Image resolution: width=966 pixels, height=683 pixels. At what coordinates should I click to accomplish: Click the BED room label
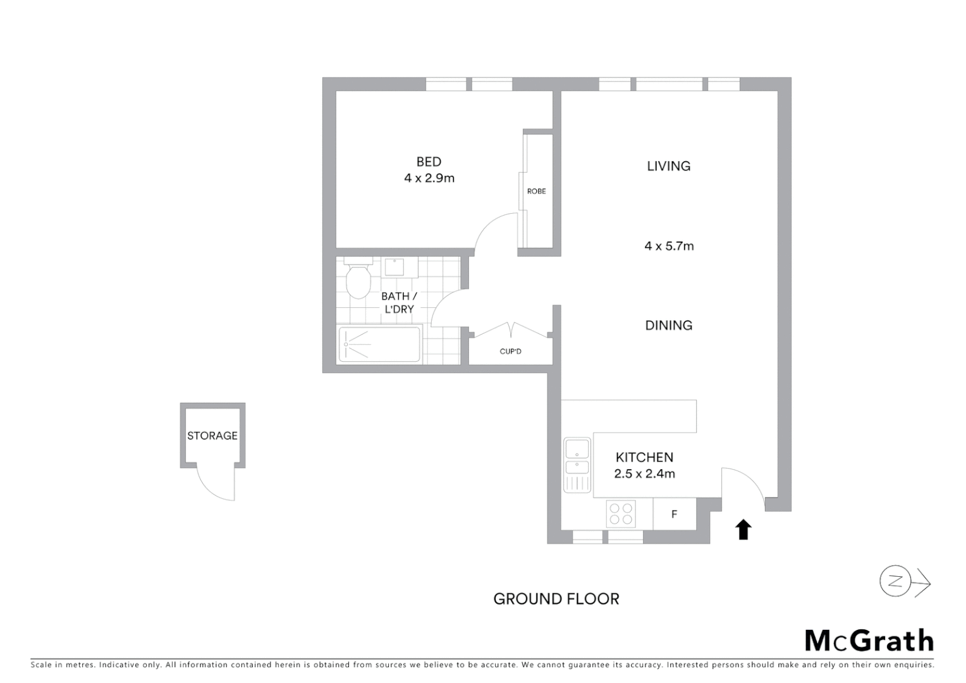click(429, 162)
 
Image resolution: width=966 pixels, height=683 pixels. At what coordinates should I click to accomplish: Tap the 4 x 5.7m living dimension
click(669, 246)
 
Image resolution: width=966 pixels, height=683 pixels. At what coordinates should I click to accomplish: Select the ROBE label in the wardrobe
click(536, 191)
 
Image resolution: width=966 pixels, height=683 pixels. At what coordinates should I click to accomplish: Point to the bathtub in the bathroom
click(379, 345)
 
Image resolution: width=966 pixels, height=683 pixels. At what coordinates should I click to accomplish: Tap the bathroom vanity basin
click(395, 267)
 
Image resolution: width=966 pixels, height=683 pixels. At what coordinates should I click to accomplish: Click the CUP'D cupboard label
click(510, 352)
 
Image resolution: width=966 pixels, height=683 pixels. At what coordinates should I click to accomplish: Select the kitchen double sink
click(577, 458)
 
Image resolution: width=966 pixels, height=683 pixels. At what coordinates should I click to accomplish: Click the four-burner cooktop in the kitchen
click(620, 514)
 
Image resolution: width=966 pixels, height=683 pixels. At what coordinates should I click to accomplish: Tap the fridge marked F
click(674, 514)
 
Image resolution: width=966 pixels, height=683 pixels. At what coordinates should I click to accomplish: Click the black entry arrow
click(743, 530)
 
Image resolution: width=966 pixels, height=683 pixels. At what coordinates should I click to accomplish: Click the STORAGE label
click(212, 436)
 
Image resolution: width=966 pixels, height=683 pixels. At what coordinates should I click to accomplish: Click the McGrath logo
click(869, 641)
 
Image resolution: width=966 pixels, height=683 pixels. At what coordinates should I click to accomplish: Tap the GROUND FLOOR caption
click(556, 599)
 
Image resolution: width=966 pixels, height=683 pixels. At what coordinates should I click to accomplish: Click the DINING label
click(669, 325)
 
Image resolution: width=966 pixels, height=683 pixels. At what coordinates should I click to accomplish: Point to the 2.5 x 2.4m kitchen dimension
click(644, 474)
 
